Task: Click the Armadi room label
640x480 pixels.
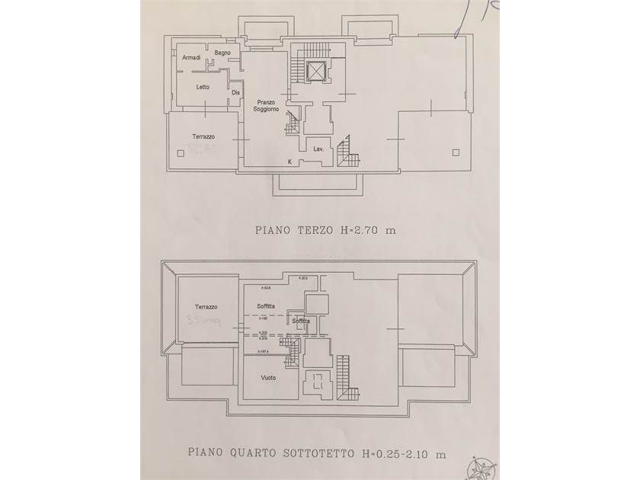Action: (x=191, y=58)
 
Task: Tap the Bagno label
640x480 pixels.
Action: (x=222, y=53)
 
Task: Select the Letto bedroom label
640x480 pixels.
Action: (x=202, y=87)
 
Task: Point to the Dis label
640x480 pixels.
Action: (x=236, y=93)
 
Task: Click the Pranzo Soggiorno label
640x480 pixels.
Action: (x=267, y=106)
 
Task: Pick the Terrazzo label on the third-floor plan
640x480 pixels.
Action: (x=203, y=136)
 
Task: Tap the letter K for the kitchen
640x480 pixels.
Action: (x=290, y=162)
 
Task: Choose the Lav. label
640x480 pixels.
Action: (x=319, y=149)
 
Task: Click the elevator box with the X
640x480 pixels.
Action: (x=315, y=72)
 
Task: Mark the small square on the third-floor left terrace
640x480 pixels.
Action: (x=180, y=153)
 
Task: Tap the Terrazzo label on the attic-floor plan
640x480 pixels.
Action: (x=206, y=307)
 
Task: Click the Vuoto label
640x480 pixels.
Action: (x=267, y=378)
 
